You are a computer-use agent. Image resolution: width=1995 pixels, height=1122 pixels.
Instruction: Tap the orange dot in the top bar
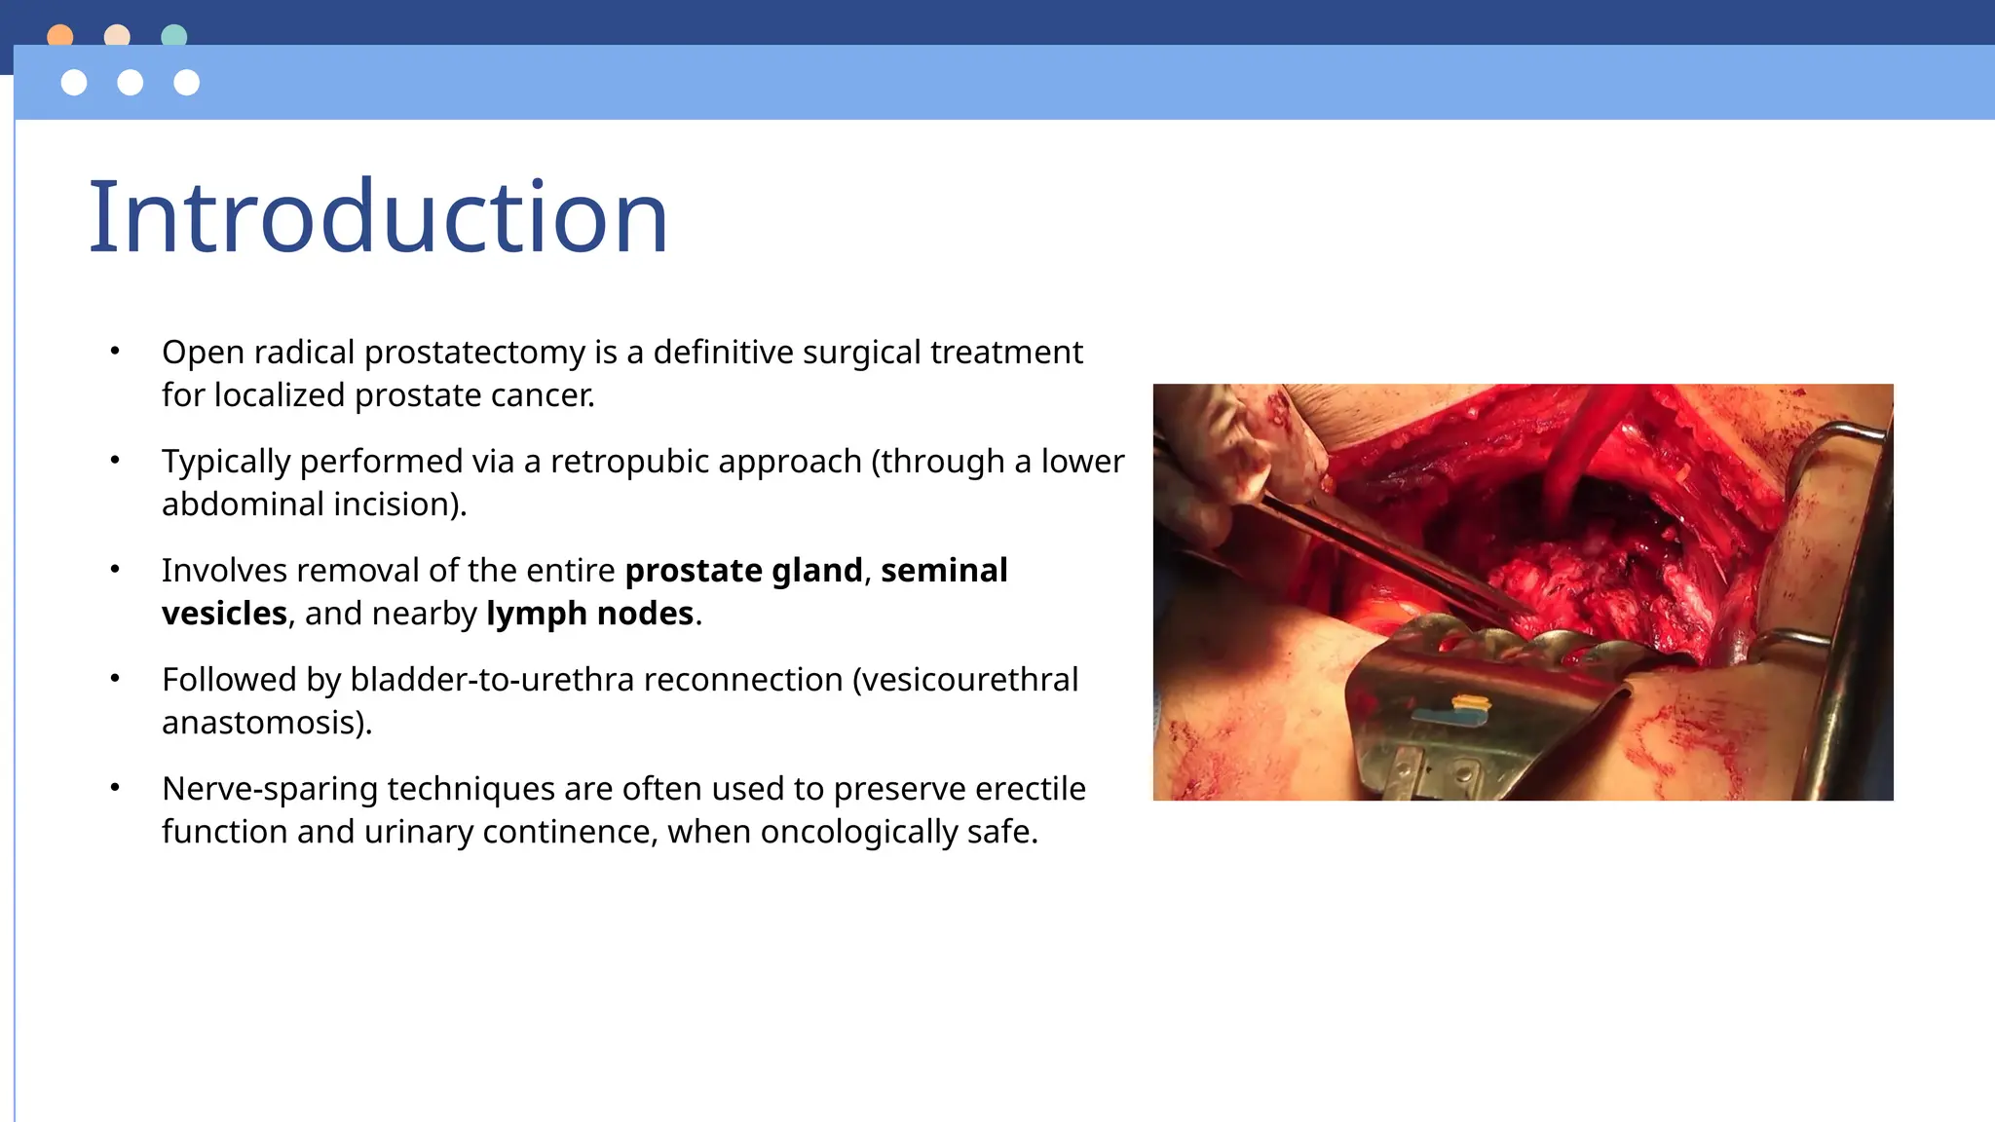pos(60,35)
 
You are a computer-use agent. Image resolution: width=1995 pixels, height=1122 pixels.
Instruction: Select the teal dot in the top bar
pos(174,35)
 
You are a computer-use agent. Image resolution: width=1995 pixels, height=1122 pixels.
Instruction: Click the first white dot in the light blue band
pos(74,83)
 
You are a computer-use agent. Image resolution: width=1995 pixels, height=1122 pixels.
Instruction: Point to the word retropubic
pos(706,462)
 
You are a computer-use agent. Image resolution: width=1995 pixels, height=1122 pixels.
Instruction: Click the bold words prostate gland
pos(744,571)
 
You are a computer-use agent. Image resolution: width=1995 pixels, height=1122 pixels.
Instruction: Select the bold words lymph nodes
pos(590,614)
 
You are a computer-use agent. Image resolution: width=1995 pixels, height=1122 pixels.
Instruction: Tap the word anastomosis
pos(263,723)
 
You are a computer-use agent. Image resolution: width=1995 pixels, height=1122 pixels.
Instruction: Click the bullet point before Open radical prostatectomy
pos(115,351)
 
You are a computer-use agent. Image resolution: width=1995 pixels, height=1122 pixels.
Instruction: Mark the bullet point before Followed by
pos(115,678)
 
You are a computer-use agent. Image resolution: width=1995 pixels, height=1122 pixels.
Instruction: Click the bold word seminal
pos(944,571)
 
